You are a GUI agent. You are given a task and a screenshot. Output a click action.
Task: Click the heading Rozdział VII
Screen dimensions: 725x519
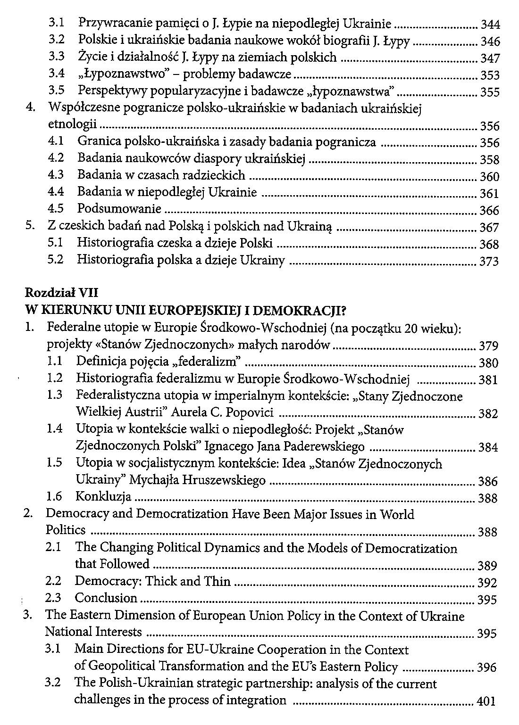point(61,293)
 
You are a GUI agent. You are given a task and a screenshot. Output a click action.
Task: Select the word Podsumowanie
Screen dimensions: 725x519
point(119,209)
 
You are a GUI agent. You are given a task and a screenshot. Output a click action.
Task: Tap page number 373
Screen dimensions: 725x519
point(489,262)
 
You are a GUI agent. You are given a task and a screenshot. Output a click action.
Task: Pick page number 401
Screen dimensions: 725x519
point(486,701)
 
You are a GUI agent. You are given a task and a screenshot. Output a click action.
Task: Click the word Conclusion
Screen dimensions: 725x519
point(106,598)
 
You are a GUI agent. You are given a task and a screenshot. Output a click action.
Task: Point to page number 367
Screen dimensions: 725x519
point(489,228)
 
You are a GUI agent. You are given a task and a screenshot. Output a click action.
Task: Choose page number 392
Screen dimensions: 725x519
point(487,583)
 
